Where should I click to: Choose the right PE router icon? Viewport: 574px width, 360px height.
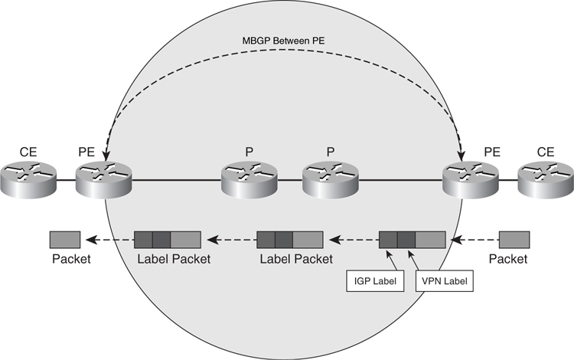pyautogui.click(x=469, y=181)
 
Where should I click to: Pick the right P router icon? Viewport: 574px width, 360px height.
pyautogui.click(x=328, y=181)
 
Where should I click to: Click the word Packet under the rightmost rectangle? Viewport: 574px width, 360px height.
pyautogui.click(x=508, y=259)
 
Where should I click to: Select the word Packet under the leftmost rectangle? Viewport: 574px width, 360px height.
pyautogui.click(x=71, y=259)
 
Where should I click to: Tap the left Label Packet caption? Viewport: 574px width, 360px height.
pyautogui.click(x=174, y=259)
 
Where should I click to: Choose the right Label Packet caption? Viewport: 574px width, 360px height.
pyautogui.click(x=296, y=259)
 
